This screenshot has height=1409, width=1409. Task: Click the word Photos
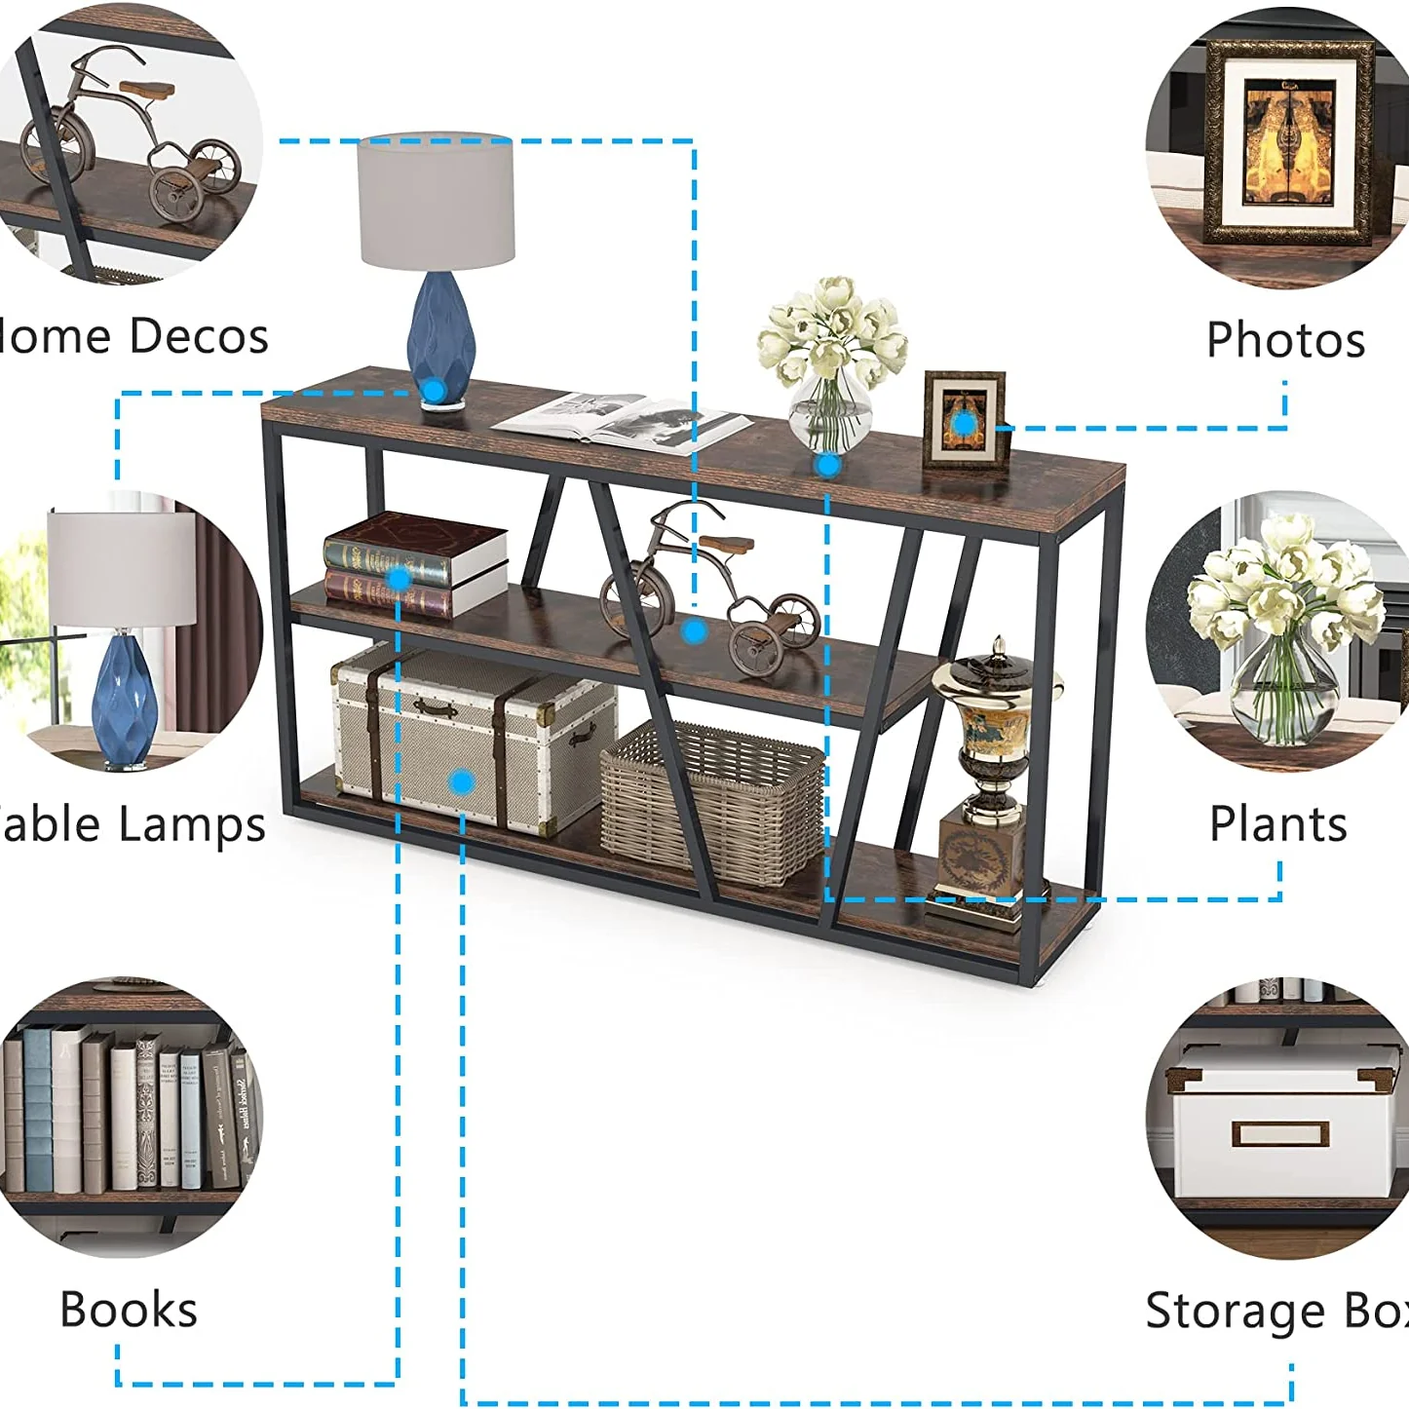pyautogui.click(x=1285, y=340)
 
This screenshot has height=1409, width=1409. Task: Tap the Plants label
pyautogui.click(x=1277, y=824)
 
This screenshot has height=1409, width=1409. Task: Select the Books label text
pyautogui.click(x=129, y=1310)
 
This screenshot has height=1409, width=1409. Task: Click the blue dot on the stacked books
pyautogui.click(x=399, y=579)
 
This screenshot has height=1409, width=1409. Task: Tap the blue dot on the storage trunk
pyautogui.click(x=462, y=781)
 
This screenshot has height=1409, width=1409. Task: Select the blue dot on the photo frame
pyautogui.click(x=963, y=423)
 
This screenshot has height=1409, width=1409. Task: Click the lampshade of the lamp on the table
pyautogui.click(x=436, y=200)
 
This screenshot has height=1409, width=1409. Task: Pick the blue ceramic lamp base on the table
pyautogui.click(x=440, y=331)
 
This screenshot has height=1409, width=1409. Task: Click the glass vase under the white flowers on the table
pyautogui.click(x=830, y=414)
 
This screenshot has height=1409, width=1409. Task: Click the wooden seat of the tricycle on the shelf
pyautogui.click(x=726, y=544)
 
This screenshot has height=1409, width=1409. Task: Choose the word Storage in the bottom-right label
pyautogui.click(x=1234, y=1311)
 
